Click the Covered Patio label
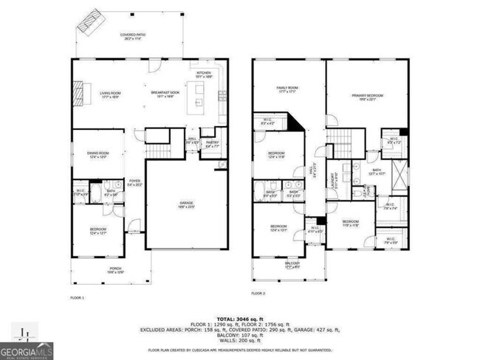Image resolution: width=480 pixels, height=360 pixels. [x=133, y=38]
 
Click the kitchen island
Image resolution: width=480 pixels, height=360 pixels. [x=198, y=95]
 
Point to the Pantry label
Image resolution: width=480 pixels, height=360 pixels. [x=212, y=145]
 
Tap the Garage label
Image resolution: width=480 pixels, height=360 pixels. [x=186, y=207]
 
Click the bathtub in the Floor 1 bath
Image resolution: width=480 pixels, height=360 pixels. [x=116, y=187]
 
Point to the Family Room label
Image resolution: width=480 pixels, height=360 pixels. [x=288, y=90]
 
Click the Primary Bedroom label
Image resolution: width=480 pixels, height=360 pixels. [x=367, y=96]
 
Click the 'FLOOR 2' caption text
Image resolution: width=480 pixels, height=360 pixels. [x=258, y=293]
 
